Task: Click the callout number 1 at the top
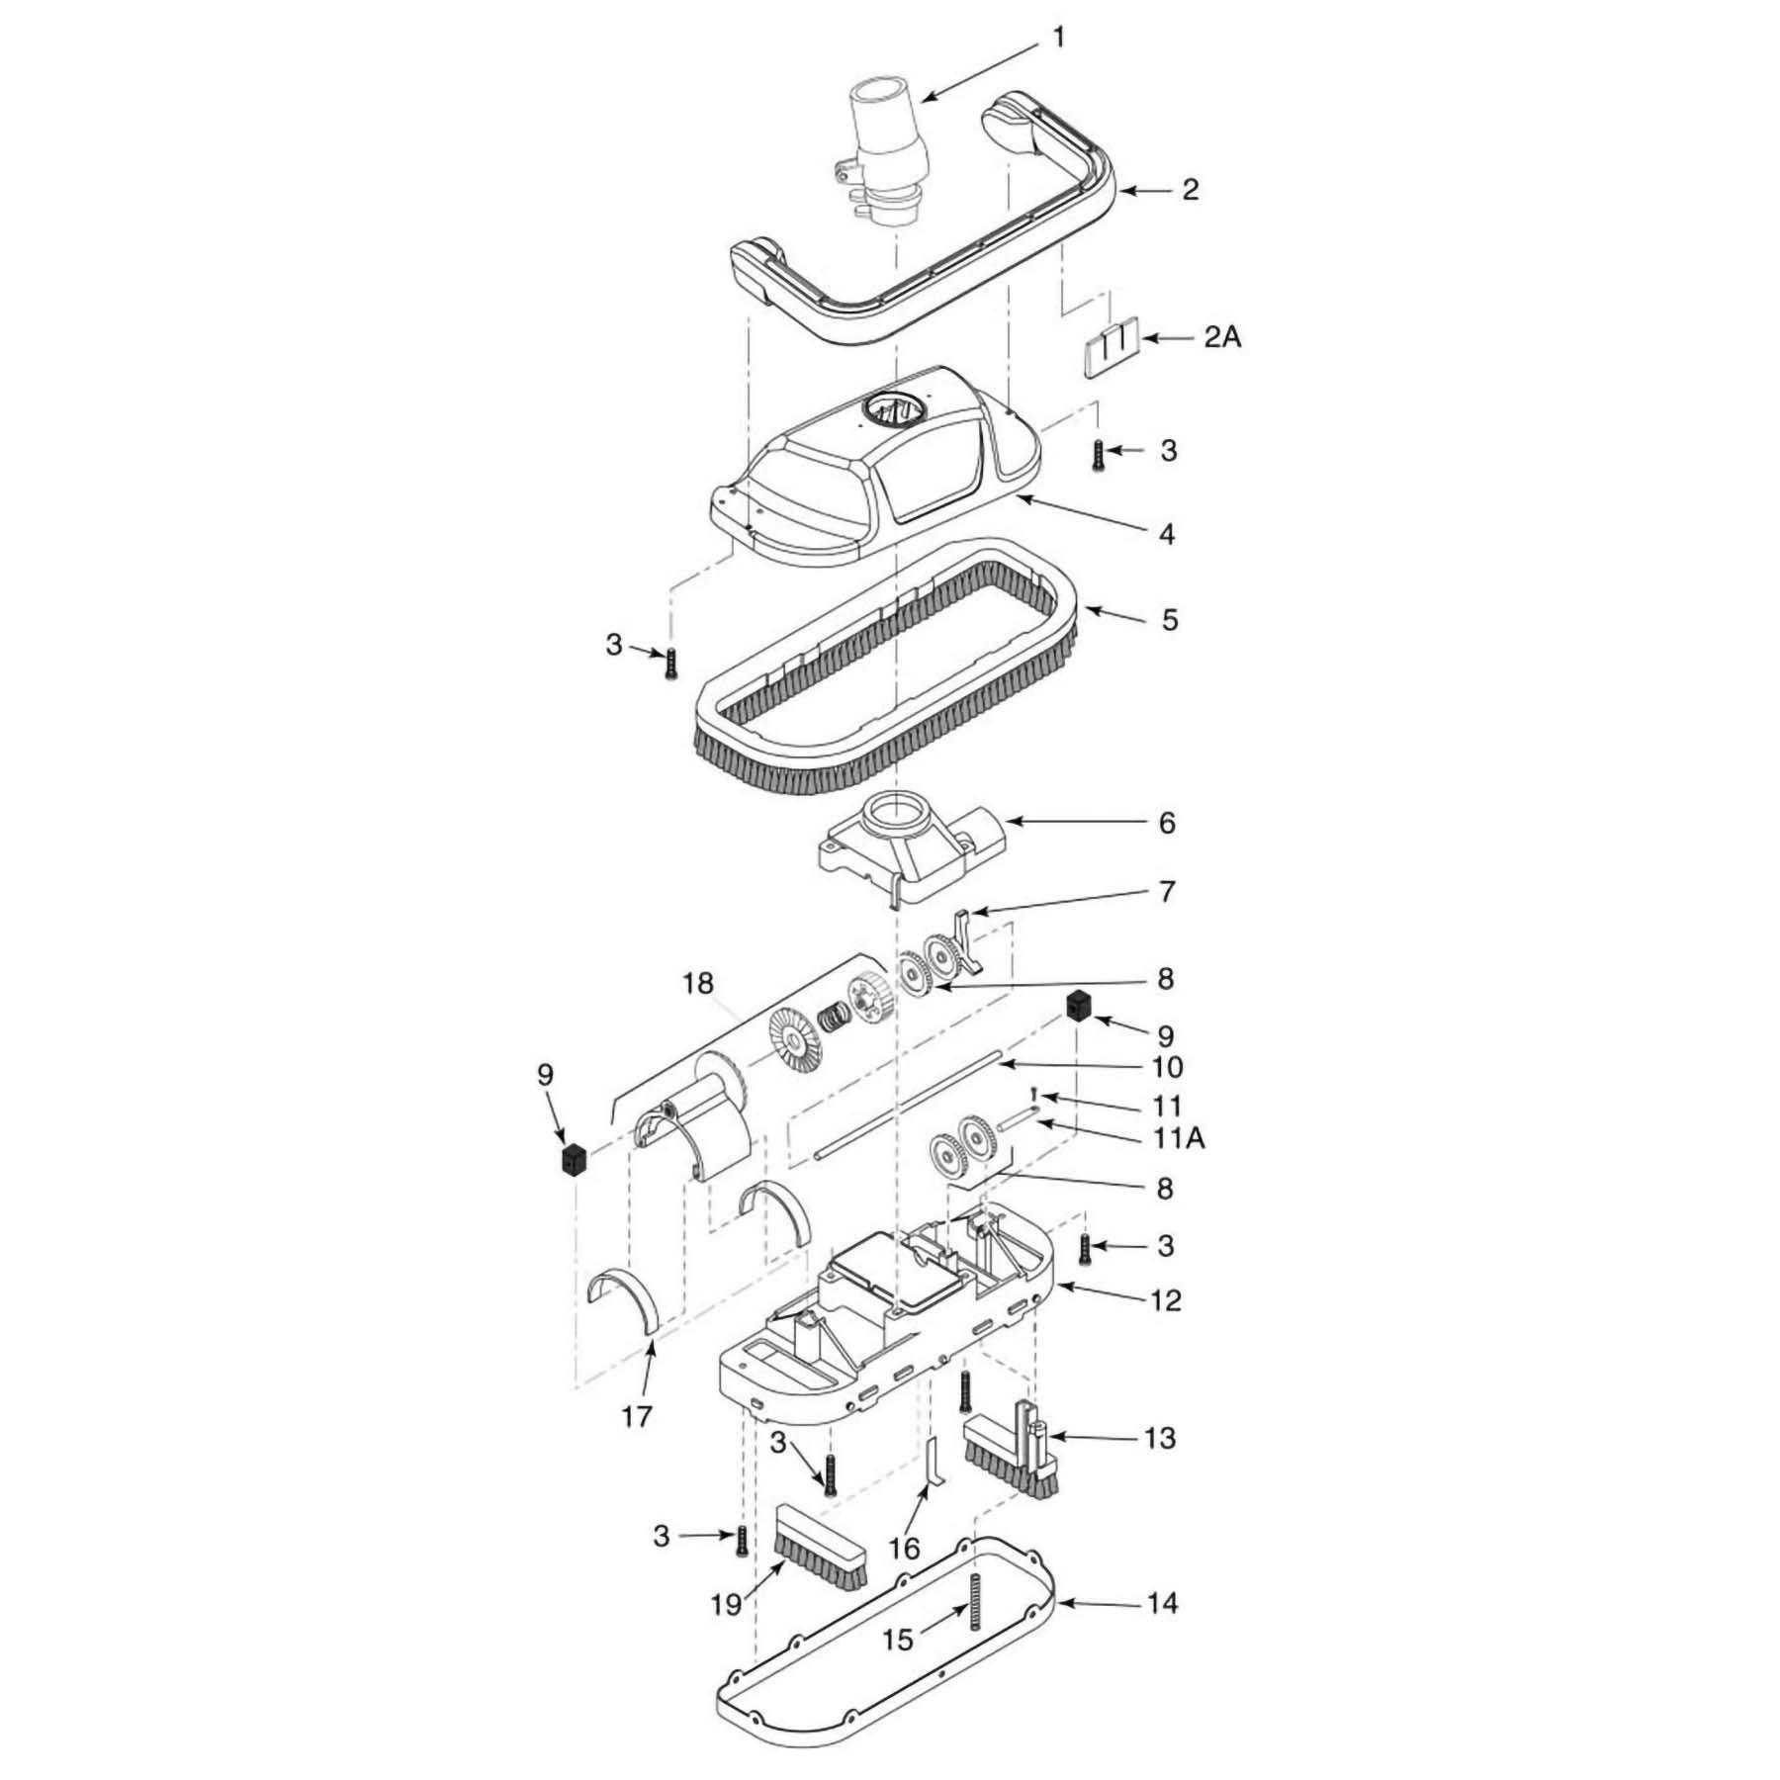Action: pos(1059,39)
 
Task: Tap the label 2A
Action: pos(1222,338)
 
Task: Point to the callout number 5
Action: pos(1169,620)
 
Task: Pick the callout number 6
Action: pos(1167,823)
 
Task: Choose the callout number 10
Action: pos(1167,1067)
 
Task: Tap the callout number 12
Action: pos(1167,1299)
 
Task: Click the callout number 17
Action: pos(637,1416)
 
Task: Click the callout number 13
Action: pos(1161,1437)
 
